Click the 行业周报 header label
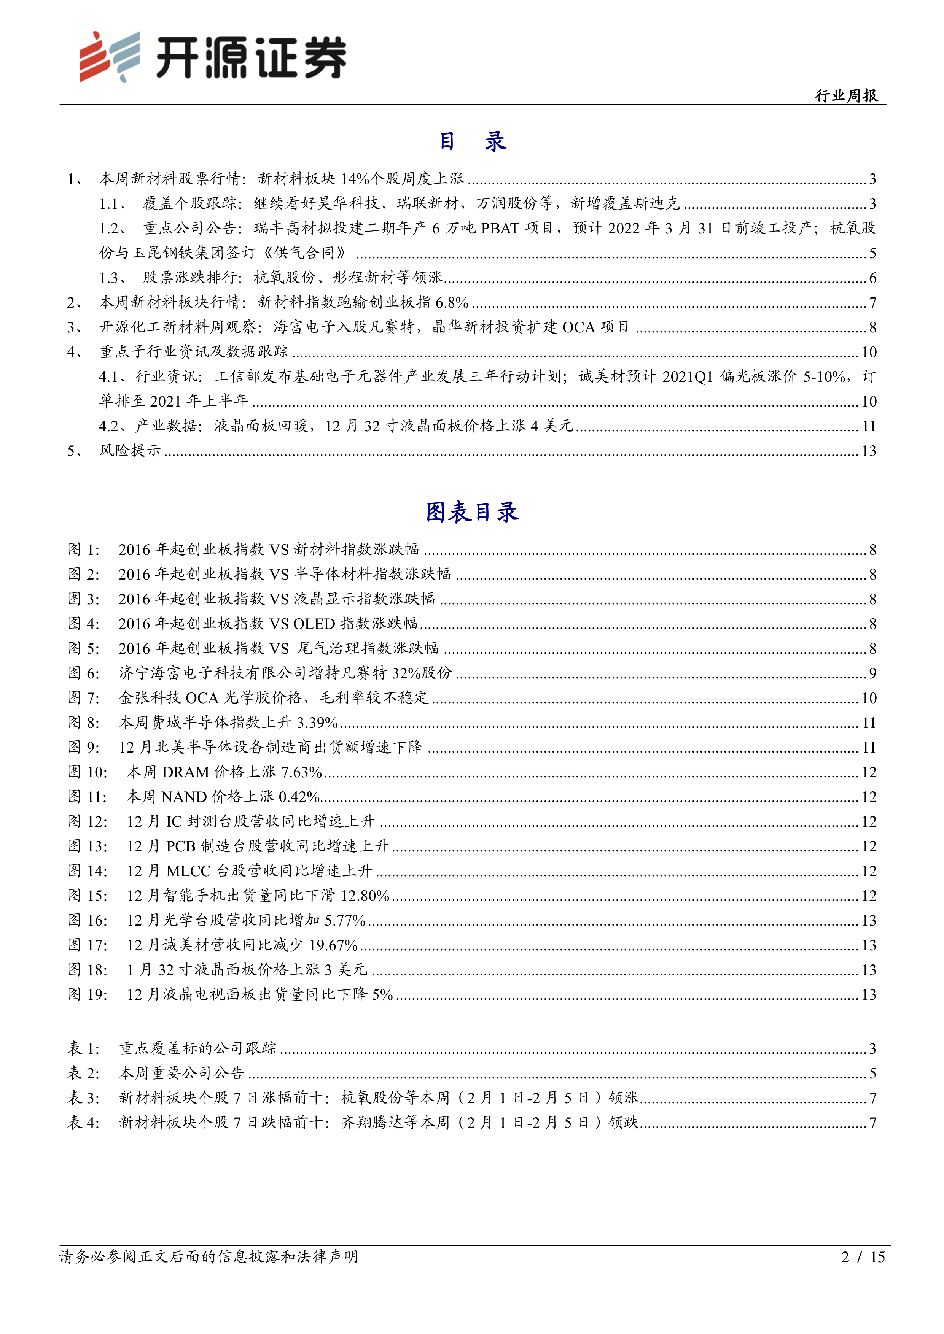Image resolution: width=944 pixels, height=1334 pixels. [x=846, y=95]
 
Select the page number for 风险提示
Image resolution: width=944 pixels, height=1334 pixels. [x=868, y=451]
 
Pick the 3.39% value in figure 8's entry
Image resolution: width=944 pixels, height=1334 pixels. [x=317, y=723]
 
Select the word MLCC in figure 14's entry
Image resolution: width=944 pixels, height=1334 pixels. [x=188, y=871]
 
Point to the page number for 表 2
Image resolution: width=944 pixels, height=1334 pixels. [x=872, y=1073]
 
